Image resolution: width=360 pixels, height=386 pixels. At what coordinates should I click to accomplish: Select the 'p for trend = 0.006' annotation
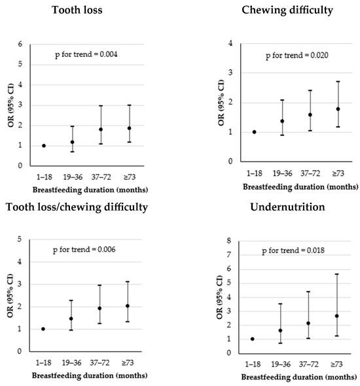(x=94, y=251)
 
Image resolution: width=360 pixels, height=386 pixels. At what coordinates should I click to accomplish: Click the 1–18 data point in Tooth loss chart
(x=44, y=146)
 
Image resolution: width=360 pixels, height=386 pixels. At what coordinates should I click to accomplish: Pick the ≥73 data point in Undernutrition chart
(x=336, y=316)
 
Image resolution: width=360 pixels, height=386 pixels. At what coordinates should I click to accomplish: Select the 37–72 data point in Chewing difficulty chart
(x=310, y=114)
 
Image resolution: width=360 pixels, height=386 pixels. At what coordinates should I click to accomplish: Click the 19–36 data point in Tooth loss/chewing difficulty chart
(x=71, y=319)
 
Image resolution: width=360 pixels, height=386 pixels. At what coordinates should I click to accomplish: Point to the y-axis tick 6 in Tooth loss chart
(x=20, y=44)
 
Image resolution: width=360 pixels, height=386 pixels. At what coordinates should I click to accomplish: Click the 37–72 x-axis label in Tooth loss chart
(x=100, y=175)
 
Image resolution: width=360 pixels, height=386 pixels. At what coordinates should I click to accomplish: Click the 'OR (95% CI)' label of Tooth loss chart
(x=10, y=106)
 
